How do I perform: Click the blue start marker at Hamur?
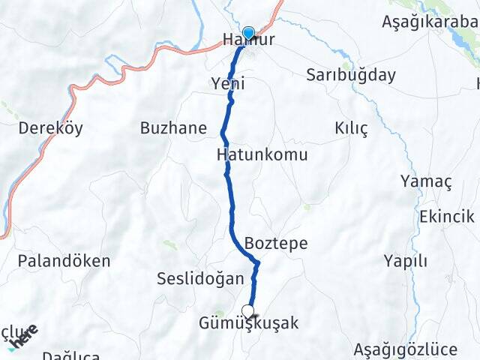coord(248,33)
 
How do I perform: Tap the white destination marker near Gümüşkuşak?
coord(247,311)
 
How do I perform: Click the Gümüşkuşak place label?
coord(249,324)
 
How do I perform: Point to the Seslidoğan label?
coord(200,279)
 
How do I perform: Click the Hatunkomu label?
coord(262,155)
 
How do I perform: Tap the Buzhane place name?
coord(173,127)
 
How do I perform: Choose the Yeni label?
coord(228,84)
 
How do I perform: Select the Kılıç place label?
coord(351,128)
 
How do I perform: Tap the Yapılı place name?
coord(405,261)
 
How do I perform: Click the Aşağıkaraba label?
coord(430,22)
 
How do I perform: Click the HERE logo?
coord(22,336)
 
